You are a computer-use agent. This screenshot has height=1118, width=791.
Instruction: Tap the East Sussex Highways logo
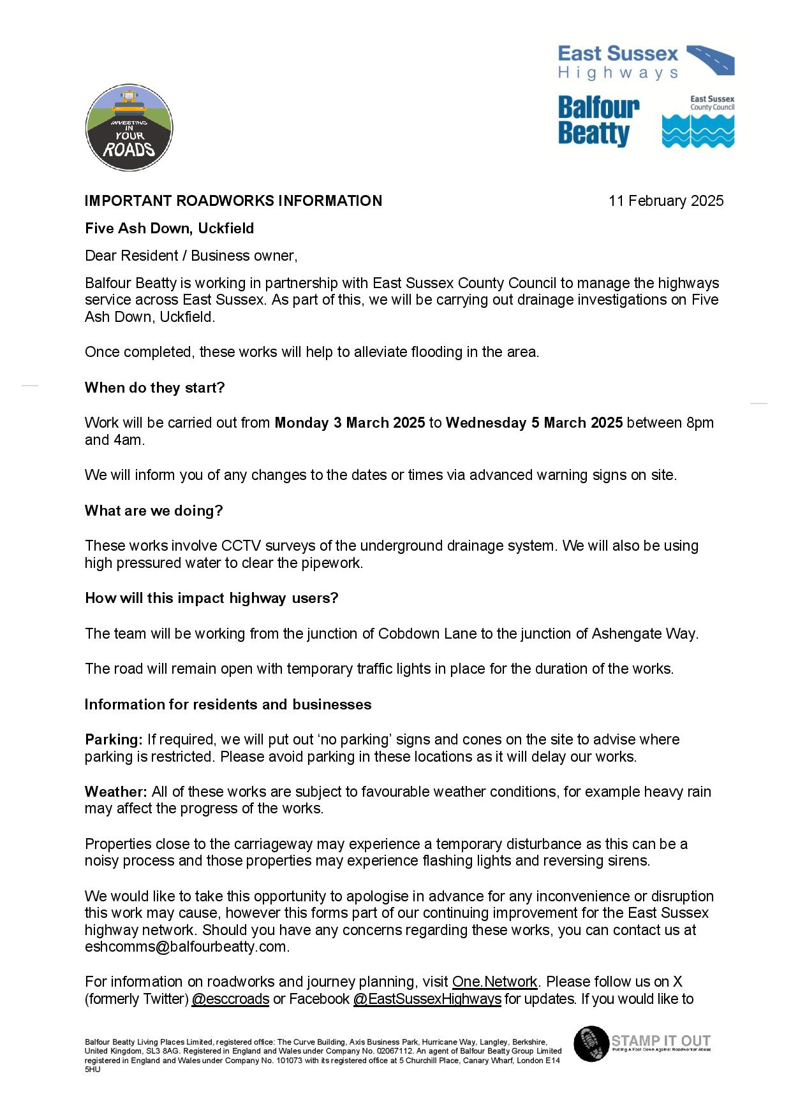pos(646,62)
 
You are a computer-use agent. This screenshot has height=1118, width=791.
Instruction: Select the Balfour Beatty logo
pos(598,121)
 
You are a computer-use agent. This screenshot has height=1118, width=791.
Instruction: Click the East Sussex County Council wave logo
pos(698,122)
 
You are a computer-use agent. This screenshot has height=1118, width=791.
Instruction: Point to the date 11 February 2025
pos(665,201)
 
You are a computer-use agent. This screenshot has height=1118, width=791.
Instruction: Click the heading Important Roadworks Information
pos(233,201)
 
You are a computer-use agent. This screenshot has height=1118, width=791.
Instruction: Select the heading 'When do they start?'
pos(154,388)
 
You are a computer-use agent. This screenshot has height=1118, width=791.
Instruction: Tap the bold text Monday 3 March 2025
pos(350,423)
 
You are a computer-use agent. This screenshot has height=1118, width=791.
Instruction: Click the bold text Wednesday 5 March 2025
pos(534,423)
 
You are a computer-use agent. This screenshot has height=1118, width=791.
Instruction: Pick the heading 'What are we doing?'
pos(154,511)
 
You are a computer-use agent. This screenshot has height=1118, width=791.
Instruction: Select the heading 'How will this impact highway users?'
pos(211,598)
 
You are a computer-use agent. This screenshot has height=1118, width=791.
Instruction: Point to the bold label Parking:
pos(114,739)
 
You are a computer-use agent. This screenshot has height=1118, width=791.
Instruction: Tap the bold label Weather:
pos(116,792)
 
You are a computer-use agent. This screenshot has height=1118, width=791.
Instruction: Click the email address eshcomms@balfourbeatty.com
pos(186,947)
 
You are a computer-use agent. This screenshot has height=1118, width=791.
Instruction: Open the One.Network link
pos(495,982)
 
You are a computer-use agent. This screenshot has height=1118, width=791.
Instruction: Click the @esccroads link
pos(230,999)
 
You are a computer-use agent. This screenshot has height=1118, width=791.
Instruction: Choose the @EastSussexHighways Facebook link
pos(427,999)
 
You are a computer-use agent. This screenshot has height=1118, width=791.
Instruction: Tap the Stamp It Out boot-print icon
pos(591,1043)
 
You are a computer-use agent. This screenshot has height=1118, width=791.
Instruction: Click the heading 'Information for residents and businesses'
pos(228,704)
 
